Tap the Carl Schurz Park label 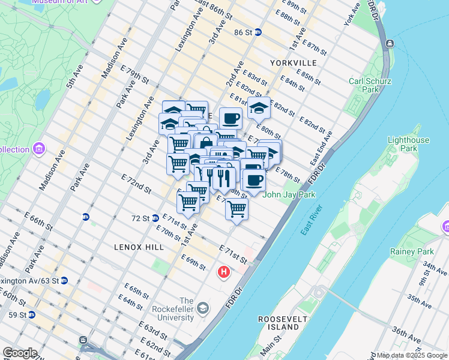pyautogui.click(x=364, y=85)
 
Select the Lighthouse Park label pyautogui.click(x=409, y=144)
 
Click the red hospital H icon pyautogui.click(x=224, y=272)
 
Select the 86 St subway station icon pyautogui.click(x=258, y=32)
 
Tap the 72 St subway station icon pyautogui.click(x=155, y=218)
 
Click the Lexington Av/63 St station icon pyautogui.click(x=64, y=280)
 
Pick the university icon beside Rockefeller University pyautogui.click(x=203, y=308)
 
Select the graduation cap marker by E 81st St pyautogui.click(x=259, y=108)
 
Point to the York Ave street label pyautogui.click(x=352, y=13)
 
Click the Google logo pyautogui.click(x=20, y=353)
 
